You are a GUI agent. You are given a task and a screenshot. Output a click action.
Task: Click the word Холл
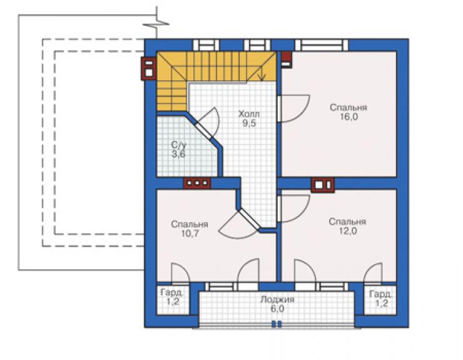[x=249, y=114]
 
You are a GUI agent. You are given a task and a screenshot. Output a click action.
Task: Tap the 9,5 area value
[x=249, y=123]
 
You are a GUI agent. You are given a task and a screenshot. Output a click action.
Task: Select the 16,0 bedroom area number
[x=349, y=116]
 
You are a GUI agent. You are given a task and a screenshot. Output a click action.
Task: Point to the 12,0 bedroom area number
[x=348, y=231]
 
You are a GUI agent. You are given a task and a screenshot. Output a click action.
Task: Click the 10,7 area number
[x=190, y=234]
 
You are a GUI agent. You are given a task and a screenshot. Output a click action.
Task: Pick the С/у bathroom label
[x=179, y=145]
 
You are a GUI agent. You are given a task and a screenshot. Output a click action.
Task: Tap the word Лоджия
[x=277, y=299]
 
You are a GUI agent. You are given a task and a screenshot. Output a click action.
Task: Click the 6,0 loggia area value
[x=277, y=309]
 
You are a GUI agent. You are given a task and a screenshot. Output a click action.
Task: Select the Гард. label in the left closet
[x=173, y=293]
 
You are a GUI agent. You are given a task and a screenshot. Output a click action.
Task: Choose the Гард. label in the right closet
[x=381, y=294]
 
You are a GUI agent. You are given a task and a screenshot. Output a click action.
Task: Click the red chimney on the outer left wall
[x=148, y=68]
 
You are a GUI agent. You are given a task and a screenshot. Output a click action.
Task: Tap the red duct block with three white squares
[x=197, y=183]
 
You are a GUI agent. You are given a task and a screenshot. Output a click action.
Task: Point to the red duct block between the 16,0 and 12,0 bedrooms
[x=323, y=185]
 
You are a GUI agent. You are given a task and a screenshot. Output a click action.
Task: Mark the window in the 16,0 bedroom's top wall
[x=322, y=45]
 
